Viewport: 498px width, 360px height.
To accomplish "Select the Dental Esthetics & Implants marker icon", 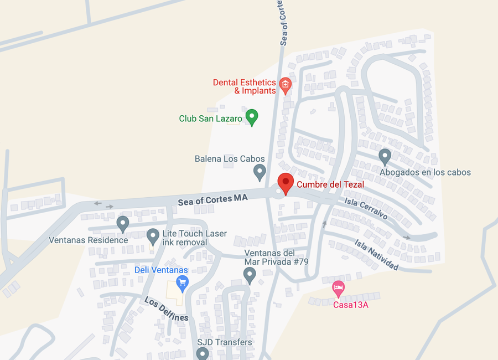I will (285, 85).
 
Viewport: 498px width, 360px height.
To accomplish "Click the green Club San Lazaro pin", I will (252, 117).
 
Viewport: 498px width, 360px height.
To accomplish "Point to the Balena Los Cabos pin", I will (260, 172).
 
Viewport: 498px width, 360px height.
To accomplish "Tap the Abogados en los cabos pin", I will (385, 157).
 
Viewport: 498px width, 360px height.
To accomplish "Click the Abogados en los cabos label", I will (425, 172).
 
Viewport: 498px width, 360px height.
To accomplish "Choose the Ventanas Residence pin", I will (123, 224).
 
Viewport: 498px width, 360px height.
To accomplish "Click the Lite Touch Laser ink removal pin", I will (153, 236).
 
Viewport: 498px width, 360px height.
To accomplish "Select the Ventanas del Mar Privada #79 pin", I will (250, 274).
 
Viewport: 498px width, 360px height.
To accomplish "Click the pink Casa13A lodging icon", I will (338, 288).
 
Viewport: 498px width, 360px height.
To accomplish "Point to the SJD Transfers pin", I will (203, 353).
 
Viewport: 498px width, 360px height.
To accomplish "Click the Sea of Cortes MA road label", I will (213, 199).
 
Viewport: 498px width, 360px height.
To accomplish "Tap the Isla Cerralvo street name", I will (366, 208).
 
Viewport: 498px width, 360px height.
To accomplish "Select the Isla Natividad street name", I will (376, 255).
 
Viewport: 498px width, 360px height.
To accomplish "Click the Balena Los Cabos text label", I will (230, 159).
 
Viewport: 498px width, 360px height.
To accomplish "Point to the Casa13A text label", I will (350, 304).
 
